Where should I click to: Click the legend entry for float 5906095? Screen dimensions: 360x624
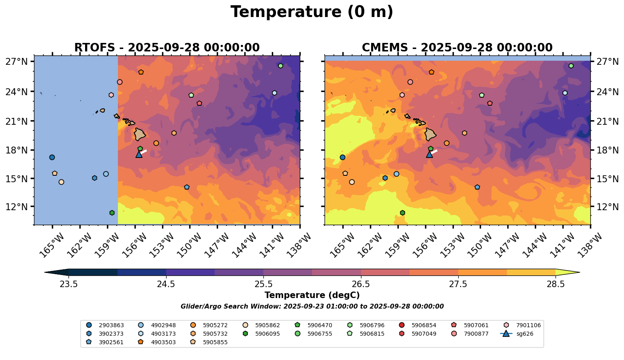coord(267,334)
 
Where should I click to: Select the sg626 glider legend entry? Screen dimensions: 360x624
coord(524,334)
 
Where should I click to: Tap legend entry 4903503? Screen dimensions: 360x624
coord(163,342)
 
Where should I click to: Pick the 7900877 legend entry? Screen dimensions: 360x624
coord(476,334)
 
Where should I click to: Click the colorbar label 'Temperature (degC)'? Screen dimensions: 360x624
coord(312,295)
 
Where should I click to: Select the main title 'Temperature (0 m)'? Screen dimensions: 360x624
coord(312,12)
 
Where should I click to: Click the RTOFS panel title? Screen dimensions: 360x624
coord(167,47)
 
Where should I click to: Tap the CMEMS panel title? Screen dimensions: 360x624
coord(457,47)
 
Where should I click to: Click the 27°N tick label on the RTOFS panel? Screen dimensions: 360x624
coord(17,62)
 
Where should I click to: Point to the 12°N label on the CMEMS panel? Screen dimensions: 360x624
coord(607,207)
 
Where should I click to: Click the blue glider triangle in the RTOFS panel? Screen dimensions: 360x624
coord(139,154)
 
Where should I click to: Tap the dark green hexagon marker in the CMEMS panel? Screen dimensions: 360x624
coord(402,213)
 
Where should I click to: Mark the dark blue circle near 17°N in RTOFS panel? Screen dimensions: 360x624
coord(52,157)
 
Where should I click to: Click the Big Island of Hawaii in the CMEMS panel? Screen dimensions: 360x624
coord(430,134)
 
